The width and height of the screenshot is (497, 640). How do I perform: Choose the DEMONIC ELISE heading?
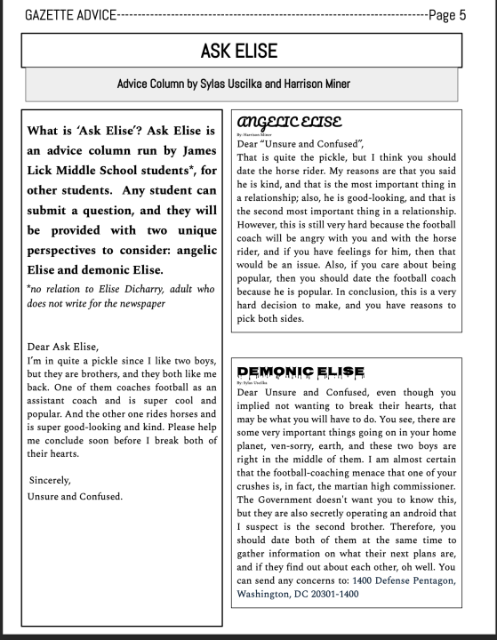click(301, 371)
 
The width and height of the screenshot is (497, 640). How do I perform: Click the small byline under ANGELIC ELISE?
click(253, 133)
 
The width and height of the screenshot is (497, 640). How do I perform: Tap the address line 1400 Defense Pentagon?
click(405, 580)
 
